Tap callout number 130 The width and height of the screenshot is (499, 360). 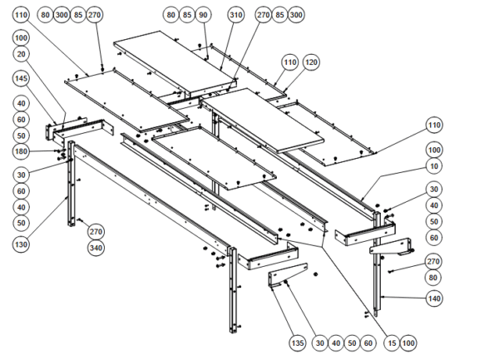22,244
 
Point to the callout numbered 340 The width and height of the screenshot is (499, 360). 96,248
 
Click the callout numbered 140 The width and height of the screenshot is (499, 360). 433,297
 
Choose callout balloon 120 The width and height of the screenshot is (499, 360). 312,62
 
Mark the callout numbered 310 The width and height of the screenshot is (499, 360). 236,15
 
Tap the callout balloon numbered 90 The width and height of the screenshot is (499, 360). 204,15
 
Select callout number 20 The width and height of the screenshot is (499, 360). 22,54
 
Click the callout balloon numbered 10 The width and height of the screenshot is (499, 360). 433,165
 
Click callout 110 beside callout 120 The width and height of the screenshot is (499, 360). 289,62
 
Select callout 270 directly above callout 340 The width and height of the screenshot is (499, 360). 96,231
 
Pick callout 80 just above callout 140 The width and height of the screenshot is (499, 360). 433,278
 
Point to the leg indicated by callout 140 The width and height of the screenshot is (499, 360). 379,274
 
